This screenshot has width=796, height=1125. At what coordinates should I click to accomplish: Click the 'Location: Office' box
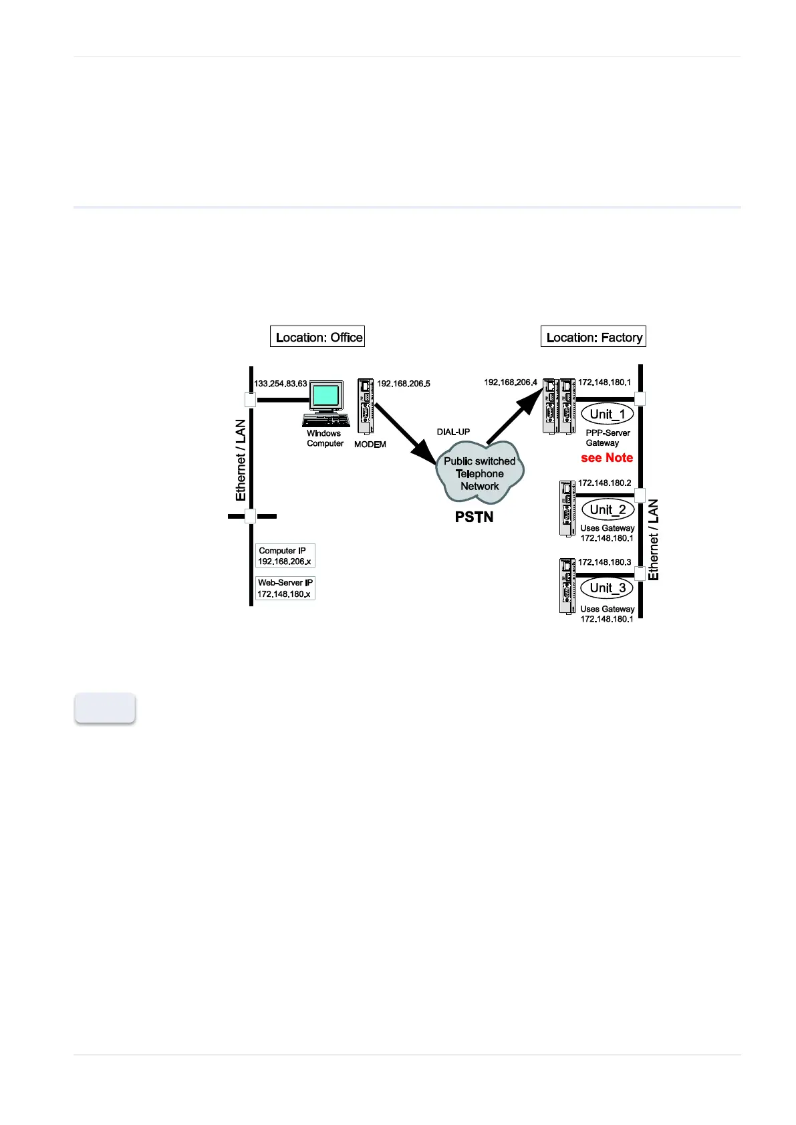click(x=317, y=337)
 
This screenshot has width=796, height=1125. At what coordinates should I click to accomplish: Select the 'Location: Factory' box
click(x=593, y=337)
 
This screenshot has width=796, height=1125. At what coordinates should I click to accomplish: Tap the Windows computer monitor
click(x=326, y=396)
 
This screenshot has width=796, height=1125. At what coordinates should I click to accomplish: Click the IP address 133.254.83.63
click(x=281, y=384)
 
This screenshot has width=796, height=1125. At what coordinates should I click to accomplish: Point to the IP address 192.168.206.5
click(x=404, y=384)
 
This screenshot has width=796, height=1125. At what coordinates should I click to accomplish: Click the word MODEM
click(x=370, y=445)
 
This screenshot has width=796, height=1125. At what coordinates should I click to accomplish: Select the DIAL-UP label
click(x=453, y=432)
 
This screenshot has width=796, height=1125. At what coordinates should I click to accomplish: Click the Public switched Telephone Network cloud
click(x=479, y=474)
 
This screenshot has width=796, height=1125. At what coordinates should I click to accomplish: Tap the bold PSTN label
click(x=475, y=517)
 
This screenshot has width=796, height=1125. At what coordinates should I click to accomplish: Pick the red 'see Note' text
click(x=607, y=458)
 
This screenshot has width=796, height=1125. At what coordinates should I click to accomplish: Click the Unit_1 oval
click(x=608, y=414)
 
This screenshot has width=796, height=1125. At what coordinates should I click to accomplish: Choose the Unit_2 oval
click(x=608, y=509)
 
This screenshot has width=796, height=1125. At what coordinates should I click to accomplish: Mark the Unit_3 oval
click(x=608, y=588)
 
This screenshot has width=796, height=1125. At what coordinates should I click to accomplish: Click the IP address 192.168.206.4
click(x=511, y=382)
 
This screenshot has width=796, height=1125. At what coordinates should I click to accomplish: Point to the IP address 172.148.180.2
click(x=604, y=483)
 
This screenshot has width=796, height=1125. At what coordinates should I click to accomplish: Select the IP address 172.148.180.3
click(x=604, y=562)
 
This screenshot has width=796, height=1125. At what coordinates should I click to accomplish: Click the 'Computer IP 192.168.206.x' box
click(x=285, y=556)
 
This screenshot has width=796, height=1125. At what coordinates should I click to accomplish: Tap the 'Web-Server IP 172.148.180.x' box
click(x=285, y=588)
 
